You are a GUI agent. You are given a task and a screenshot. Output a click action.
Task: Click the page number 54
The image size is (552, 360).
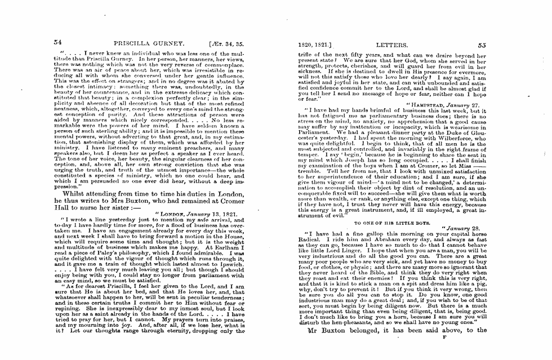57,42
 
